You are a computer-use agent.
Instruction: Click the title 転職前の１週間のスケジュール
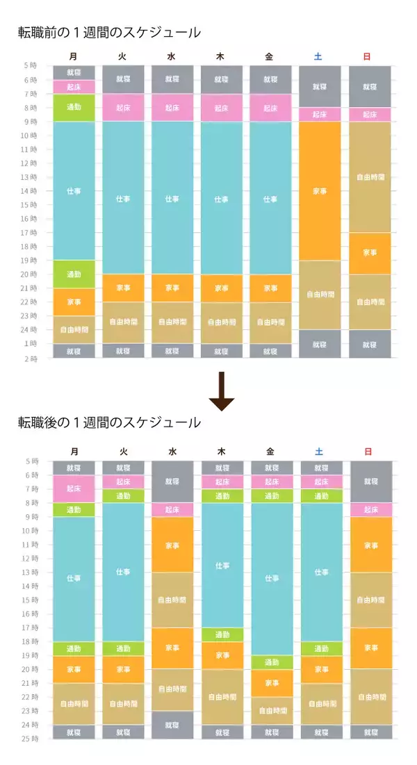(109, 32)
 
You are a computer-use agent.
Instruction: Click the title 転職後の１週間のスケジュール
(109, 422)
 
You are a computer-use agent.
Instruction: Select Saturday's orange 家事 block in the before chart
(320, 190)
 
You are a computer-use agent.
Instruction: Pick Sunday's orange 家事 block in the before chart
(370, 253)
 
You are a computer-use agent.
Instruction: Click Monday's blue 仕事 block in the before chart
(74, 190)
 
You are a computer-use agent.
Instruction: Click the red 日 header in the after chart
(368, 452)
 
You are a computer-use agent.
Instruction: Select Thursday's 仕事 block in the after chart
(222, 565)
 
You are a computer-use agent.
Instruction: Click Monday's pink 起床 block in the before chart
(74, 87)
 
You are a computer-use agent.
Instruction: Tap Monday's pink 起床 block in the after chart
(74, 488)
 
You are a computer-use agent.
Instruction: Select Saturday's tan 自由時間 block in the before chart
(320, 295)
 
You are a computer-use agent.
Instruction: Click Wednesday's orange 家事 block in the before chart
(172, 288)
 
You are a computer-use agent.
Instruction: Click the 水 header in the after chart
(172, 452)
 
